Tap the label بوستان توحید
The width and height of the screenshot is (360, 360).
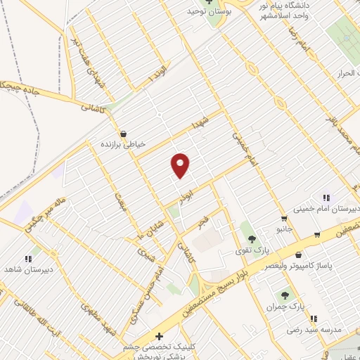point(204,12)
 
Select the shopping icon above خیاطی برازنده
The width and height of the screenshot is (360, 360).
point(124,134)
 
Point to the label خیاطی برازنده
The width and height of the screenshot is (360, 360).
point(124,143)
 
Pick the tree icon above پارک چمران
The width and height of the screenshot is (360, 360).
point(285,296)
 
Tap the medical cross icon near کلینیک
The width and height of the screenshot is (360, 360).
point(159,337)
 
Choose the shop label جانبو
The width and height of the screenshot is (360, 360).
point(284,229)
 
